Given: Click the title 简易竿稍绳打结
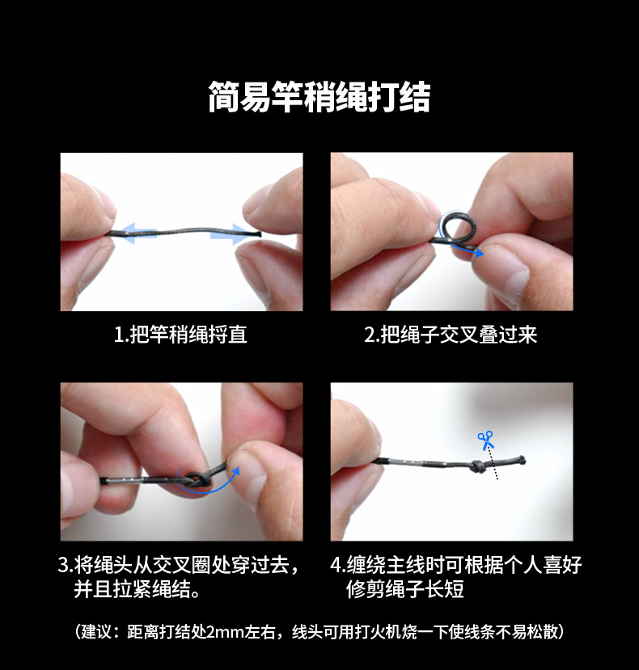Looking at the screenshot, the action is [x=319, y=97].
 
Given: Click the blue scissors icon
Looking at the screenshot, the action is [x=486, y=440].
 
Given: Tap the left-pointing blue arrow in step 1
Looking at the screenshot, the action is [x=137, y=234].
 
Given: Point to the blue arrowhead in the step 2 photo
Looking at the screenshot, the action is [x=480, y=253].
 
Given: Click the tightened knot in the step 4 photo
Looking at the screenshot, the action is [x=477, y=466].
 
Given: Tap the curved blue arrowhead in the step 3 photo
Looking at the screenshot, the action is [x=235, y=471].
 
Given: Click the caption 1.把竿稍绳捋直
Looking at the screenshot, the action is [x=180, y=334].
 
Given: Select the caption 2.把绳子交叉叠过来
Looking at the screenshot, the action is [x=451, y=334].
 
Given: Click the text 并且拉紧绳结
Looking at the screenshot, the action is [x=136, y=589].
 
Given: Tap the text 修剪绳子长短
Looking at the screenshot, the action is [x=405, y=589].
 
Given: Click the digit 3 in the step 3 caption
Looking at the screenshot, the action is [x=63, y=565].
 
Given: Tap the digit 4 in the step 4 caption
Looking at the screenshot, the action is [x=336, y=565].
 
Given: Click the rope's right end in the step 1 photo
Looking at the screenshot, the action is [x=259, y=234].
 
